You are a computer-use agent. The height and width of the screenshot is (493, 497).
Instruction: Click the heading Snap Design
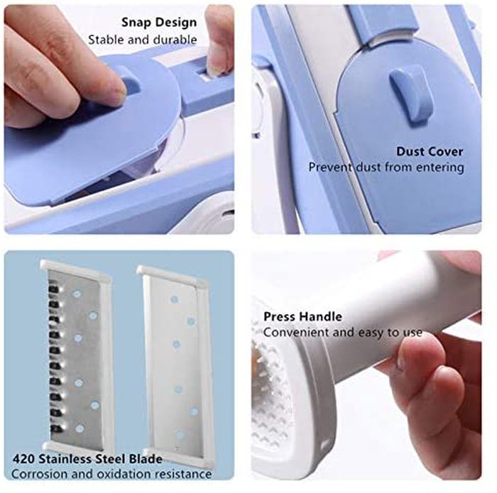click(x=159, y=23)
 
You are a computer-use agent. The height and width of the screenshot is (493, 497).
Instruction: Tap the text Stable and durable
click(x=142, y=40)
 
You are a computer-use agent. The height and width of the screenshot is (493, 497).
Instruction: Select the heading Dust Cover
click(x=430, y=152)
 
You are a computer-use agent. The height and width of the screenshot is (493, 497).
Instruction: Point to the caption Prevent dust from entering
click(x=386, y=167)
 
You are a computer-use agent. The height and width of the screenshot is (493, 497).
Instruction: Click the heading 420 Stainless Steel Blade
click(x=87, y=459)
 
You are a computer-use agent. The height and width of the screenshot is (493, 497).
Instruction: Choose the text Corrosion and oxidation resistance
click(x=111, y=474)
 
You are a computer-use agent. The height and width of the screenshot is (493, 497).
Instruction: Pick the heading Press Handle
click(x=302, y=316)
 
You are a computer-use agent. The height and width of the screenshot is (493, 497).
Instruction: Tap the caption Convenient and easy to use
click(x=343, y=333)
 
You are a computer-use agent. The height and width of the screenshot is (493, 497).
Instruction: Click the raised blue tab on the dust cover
click(x=412, y=96)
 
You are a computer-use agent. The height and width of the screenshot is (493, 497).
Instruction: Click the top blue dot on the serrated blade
click(x=77, y=294)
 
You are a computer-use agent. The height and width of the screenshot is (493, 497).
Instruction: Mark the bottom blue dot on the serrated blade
click(x=80, y=428)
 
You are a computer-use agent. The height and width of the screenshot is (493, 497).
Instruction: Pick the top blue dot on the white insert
click(x=174, y=299)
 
